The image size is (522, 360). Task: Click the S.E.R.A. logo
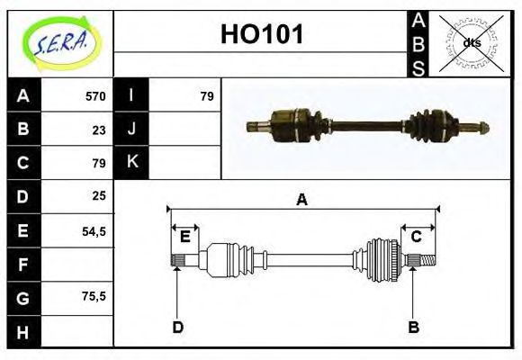[x=59, y=43]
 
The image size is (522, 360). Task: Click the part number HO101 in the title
[x=262, y=35]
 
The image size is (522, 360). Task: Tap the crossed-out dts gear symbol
[x=471, y=43]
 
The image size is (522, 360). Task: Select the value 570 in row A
[x=95, y=96]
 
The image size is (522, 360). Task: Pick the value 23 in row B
[x=99, y=130]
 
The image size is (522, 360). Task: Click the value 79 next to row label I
[x=206, y=96]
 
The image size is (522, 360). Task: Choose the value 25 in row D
[x=99, y=195]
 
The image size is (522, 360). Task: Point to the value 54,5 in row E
[x=94, y=230]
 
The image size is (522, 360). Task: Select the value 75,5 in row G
[x=94, y=296]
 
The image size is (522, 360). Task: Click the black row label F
[x=22, y=264]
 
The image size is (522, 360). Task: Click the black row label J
[x=131, y=129]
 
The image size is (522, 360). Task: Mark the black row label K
[x=131, y=162]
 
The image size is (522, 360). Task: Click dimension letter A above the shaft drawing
[x=302, y=200]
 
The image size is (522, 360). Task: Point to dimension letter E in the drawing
[x=185, y=237]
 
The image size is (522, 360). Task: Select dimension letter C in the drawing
[x=417, y=237]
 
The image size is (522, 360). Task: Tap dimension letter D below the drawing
[x=177, y=327]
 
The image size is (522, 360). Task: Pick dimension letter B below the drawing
[x=413, y=327]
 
